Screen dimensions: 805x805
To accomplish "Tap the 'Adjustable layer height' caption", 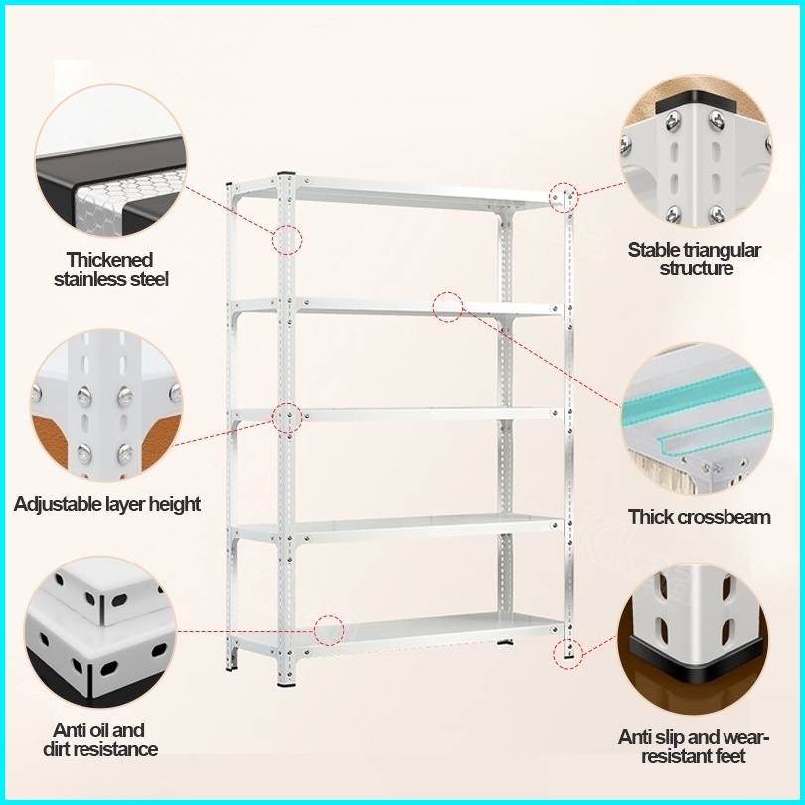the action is (x=107, y=504).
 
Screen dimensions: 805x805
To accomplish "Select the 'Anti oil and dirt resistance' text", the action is (x=99, y=739).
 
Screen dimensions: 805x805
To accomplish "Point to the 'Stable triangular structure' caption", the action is (x=695, y=258).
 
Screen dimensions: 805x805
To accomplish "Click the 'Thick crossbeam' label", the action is (x=700, y=517).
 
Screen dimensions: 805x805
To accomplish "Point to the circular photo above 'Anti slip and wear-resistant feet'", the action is (x=694, y=640).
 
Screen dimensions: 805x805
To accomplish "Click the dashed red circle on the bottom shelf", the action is (x=329, y=629).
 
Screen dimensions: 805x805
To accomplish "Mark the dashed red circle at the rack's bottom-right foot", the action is (x=567, y=652).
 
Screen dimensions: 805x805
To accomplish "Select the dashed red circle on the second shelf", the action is (x=448, y=306).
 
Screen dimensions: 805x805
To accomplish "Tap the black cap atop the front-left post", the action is (x=288, y=173).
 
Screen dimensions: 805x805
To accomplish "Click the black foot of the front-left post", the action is (x=287, y=684).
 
